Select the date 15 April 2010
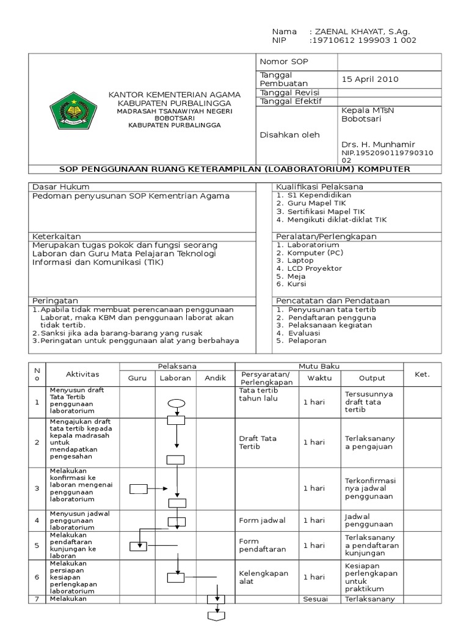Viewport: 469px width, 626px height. click(369, 79)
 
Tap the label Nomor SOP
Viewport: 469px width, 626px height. click(282, 62)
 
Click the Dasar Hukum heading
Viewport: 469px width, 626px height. click(60, 186)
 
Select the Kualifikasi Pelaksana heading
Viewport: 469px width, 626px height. click(319, 186)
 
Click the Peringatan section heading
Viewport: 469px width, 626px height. click(56, 301)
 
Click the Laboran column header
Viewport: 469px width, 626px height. click(175, 378)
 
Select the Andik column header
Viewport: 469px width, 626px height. click(216, 378)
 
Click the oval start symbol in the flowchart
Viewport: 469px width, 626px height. click(176, 403)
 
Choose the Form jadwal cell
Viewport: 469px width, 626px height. click(262, 521)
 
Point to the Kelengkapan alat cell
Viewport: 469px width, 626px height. click(264, 577)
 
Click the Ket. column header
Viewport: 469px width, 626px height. click(422, 374)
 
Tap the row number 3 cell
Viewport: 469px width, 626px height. click(37, 488)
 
